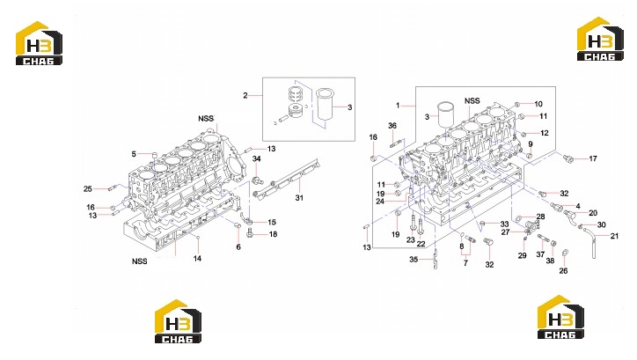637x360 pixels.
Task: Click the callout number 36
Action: tap(392, 126)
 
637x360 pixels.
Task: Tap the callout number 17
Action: tap(593, 158)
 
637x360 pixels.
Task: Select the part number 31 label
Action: tap(299, 198)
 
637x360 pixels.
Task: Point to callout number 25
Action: tap(88, 188)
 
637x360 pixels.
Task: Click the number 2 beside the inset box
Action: tap(245, 95)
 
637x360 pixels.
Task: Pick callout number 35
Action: tap(414, 260)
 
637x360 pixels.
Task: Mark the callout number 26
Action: tap(563, 270)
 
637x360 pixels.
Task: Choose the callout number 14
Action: tap(197, 259)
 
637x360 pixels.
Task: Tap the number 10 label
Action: tap(538, 104)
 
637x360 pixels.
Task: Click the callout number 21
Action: tap(614, 236)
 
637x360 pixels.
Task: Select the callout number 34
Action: tap(256, 158)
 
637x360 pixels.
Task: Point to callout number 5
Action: tap(134, 154)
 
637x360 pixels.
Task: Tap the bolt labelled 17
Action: tap(568, 158)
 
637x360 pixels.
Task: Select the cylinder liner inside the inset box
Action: tap(325, 104)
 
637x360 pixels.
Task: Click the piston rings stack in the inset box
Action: tap(297, 95)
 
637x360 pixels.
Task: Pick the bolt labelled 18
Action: tap(250, 233)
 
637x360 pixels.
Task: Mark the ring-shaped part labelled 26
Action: tap(565, 253)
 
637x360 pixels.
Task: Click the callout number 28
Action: tap(540, 217)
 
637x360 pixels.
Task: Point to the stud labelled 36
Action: tap(396, 143)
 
